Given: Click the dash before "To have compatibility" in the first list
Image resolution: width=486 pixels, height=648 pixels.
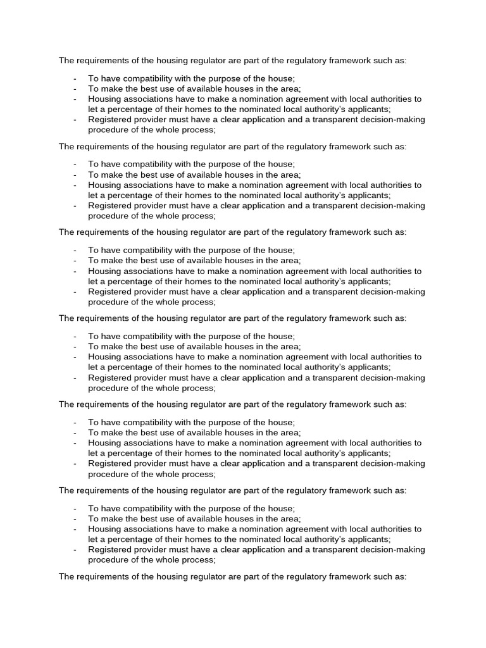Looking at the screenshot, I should click(x=75, y=78).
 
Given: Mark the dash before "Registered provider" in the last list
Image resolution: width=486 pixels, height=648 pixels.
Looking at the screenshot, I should click(x=75, y=549).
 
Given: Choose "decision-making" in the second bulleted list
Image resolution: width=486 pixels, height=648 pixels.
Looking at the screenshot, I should click(x=393, y=206).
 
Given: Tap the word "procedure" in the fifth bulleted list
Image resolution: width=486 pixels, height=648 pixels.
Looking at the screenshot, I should click(x=108, y=473).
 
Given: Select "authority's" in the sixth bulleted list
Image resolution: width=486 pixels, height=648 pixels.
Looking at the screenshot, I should click(x=322, y=539).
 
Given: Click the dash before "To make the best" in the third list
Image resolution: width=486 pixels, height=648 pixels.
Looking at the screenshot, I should click(x=75, y=261).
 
